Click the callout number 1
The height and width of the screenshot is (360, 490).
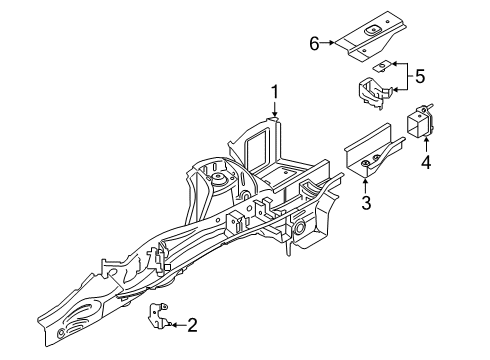[x=272, y=96]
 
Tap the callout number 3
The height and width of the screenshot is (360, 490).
[x=366, y=204]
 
